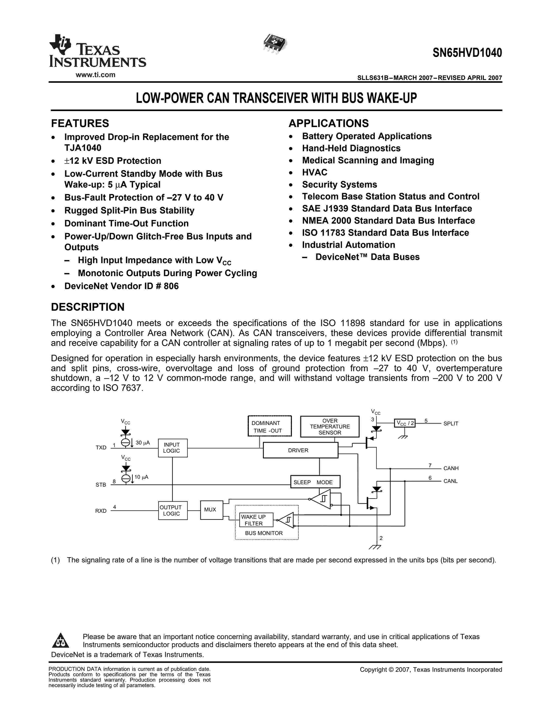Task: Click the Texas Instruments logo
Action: pos(97,51)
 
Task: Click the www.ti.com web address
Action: pos(95,75)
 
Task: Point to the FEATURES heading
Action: pos(80,123)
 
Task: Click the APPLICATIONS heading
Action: pos(328,123)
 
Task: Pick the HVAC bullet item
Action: pos(314,172)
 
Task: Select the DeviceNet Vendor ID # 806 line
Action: pos(121,286)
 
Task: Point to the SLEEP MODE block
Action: pos(315,482)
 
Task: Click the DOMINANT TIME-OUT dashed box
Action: pos(270,426)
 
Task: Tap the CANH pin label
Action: pos(451,468)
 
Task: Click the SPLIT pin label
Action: pos(451,423)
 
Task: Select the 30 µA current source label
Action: pos(143,443)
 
